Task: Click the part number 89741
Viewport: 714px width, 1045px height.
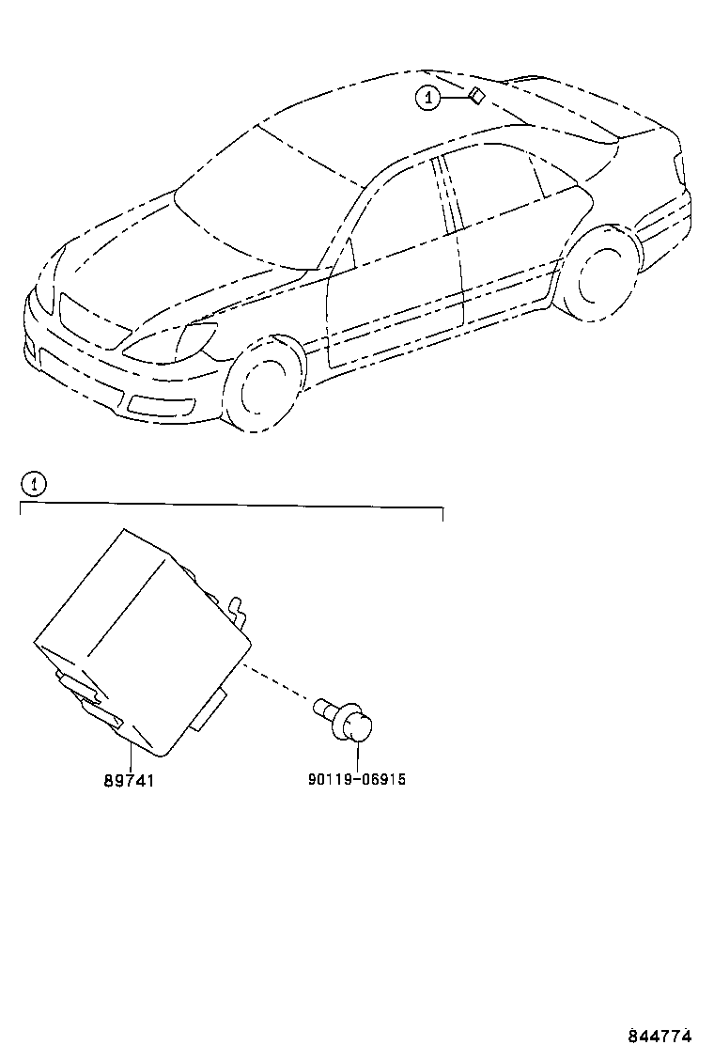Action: coord(129,780)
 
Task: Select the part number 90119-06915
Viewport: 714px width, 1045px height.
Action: coord(356,778)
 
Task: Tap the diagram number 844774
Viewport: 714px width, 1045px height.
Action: coord(660,1035)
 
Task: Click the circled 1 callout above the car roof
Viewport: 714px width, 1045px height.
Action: coord(428,99)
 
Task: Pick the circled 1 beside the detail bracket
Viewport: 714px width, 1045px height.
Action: coord(33,484)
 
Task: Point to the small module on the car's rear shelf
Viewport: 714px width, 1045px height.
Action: coord(477,96)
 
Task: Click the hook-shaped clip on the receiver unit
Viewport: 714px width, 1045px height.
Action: coord(238,611)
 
